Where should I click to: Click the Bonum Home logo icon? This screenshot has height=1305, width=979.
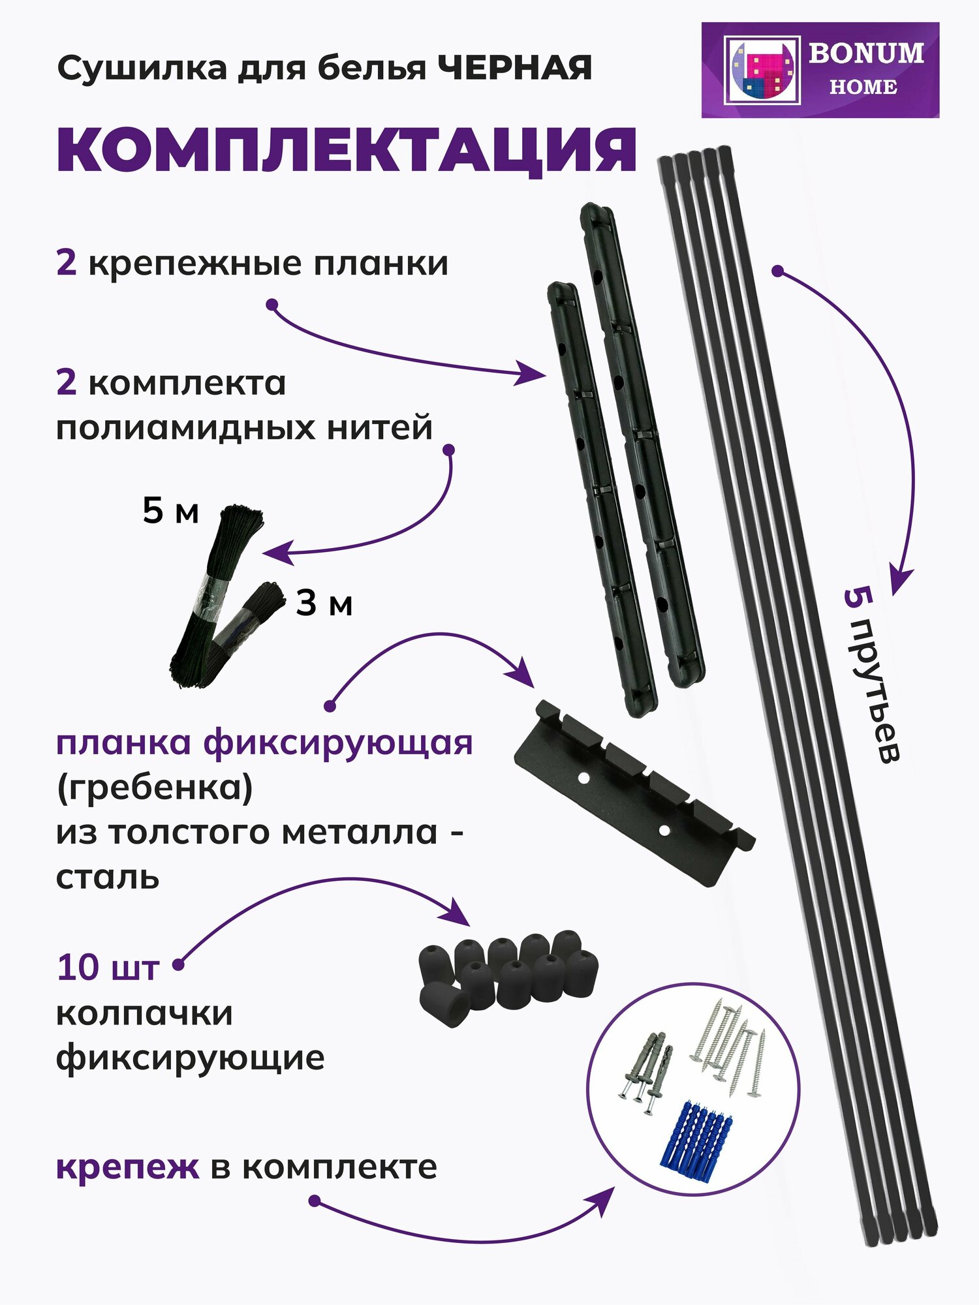(x=762, y=70)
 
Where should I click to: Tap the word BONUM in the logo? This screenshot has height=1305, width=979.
(x=866, y=54)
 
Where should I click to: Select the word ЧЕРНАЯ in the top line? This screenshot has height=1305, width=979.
(x=514, y=69)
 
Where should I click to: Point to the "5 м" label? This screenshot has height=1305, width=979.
(x=170, y=511)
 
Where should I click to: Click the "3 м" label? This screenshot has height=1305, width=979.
(x=324, y=604)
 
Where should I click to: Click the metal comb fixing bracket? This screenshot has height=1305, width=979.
(x=634, y=793)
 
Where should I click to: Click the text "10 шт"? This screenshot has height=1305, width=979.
(x=108, y=967)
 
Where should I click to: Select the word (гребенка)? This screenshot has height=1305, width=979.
(x=154, y=788)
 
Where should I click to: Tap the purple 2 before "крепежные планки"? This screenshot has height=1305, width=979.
(x=66, y=264)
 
